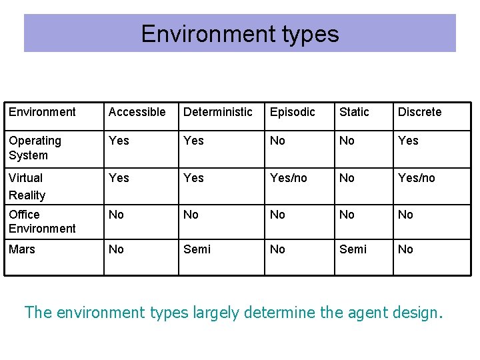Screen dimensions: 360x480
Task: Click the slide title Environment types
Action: [240, 34]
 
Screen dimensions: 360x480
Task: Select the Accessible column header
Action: [137, 112]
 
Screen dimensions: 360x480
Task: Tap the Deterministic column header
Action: [218, 112]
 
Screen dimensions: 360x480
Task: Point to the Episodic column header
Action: [292, 112]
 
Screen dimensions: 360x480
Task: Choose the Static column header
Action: [354, 112]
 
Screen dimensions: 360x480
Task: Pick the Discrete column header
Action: [419, 112]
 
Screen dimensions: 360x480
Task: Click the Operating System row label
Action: [35, 148]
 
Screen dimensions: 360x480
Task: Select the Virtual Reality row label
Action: [27, 187]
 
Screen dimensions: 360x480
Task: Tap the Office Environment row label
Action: [42, 221]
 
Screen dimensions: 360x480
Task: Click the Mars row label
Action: [22, 249]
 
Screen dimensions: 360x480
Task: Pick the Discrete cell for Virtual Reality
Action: [416, 178]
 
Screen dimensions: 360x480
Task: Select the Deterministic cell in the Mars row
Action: [197, 249]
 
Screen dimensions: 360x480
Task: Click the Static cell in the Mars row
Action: [353, 249]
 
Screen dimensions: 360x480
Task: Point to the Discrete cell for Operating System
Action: [408, 141]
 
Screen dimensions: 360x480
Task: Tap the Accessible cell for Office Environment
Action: [116, 215]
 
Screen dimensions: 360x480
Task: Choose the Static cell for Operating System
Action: [347, 141]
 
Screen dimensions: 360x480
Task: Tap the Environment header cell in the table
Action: [42, 112]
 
